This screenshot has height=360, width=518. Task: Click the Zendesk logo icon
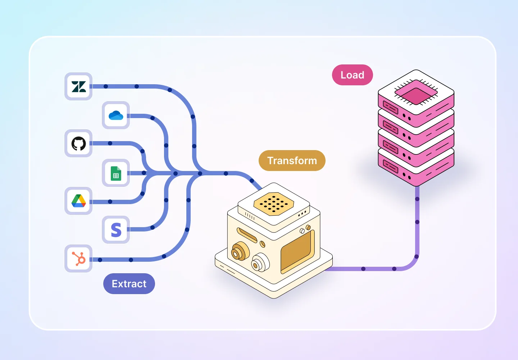click(x=78, y=86)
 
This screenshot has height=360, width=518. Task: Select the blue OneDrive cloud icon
click(x=116, y=116)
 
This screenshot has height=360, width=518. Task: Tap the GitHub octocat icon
click(x=78, y=144)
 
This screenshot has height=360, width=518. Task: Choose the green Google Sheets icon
click(x=116, y=173)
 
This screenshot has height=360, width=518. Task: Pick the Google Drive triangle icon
click(x=78, y=201)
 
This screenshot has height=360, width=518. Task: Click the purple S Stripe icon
click(x=116, y=230)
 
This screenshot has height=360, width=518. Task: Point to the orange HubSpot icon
click(x=78, y=258)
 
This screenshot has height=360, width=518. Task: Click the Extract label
click(x=129, y=284)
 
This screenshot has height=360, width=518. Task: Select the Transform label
click(x=292, y=161)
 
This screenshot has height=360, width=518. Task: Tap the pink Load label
click(x=352, y=75)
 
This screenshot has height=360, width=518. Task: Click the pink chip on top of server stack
click(x=416, y=92)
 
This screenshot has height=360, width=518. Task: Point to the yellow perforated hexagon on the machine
click(x=274, y=203)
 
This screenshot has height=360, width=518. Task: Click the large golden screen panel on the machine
click(x=297, y=251)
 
